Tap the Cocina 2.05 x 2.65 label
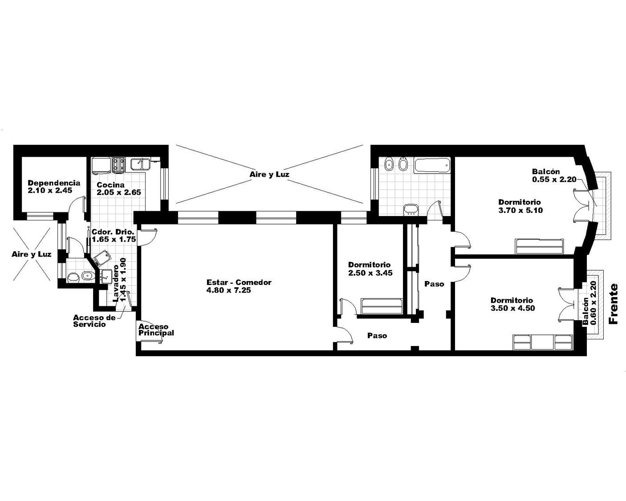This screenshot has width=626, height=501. pos(119,188)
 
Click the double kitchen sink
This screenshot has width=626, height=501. pos(140,164)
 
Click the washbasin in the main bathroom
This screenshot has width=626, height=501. pos(411,209)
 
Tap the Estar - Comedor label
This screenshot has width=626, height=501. pos(239,286)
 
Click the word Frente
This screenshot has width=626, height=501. pos(614,304)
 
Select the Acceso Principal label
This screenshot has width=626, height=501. pos(156,330)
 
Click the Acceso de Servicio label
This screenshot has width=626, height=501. pos(94,321)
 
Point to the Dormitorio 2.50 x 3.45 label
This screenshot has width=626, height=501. pos(370,269)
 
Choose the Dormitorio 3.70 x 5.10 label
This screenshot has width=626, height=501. pos(520,206)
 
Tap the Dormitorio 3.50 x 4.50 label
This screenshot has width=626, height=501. pos(512,304)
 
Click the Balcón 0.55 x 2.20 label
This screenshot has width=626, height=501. pos(554,175)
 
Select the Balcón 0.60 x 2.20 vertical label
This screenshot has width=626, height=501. pos(589,303)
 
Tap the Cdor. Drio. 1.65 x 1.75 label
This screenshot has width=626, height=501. pos(114,236)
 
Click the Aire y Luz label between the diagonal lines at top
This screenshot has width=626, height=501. pos(269,174)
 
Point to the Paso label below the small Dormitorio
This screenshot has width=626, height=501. pos(377,335)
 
